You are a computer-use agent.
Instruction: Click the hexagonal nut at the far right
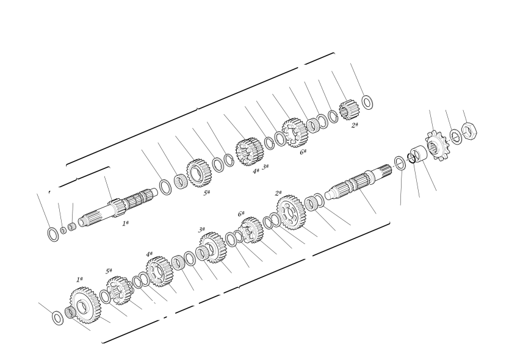469,131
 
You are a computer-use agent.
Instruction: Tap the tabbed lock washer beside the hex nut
456,137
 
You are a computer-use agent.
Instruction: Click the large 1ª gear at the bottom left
85,305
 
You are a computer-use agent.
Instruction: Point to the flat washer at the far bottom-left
58,317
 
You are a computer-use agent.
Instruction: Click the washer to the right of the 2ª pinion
367,103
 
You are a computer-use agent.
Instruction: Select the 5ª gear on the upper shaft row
200,173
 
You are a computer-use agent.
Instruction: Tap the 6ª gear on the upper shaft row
294,133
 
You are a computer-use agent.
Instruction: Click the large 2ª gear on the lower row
291,212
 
